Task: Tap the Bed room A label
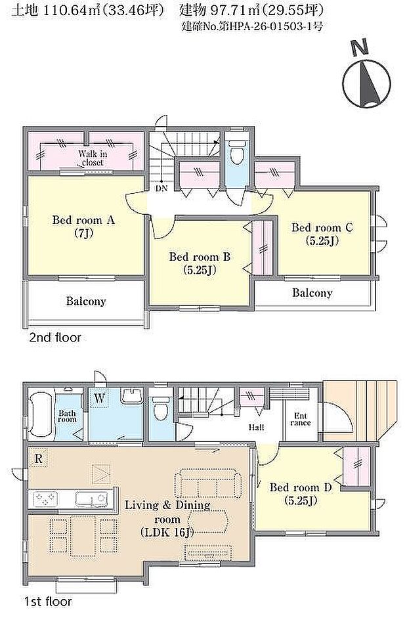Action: tap(83, 226)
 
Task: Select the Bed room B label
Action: tap(200, 263)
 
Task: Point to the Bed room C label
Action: tap(322, 234)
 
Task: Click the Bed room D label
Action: tap(300, 494)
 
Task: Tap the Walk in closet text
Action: tap(93, 158)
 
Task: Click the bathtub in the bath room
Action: tap(41, 414)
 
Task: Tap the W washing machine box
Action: tap(100, 398)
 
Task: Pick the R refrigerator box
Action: tap(38, 458)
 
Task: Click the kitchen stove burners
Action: tap(46, 500)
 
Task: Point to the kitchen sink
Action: tap(91, 499)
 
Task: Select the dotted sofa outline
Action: tap(208, 483)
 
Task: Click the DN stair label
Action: tap(161, 188)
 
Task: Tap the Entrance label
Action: tap(300, 419)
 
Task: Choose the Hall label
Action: tap(256, 428)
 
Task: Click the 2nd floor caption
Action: tap(55, 338)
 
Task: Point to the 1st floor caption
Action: tap(48, 602)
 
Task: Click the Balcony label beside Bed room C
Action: tap(312, 293)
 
